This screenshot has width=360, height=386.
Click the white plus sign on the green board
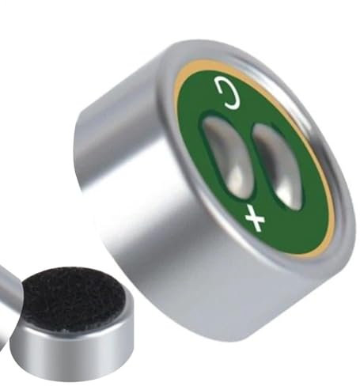point(255,218)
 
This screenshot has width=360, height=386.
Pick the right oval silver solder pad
point(278,167)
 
